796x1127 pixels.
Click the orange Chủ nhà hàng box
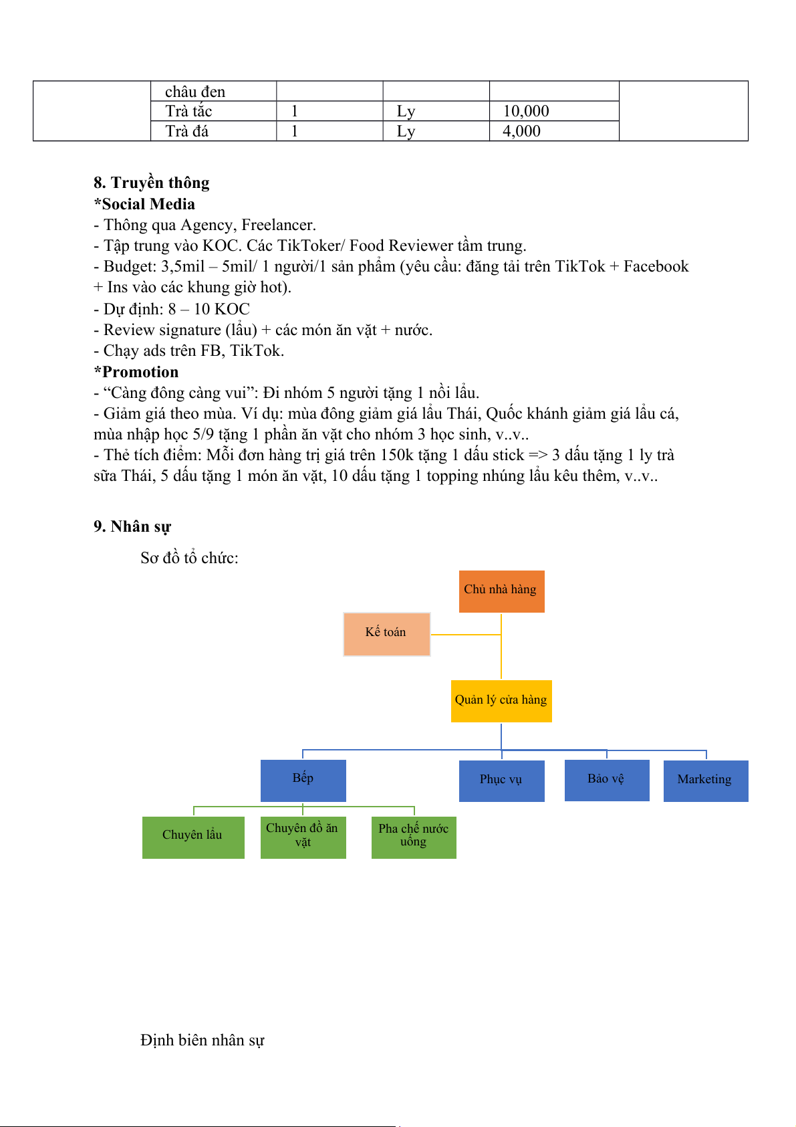coord(501,591)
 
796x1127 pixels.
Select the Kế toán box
coord(386,634)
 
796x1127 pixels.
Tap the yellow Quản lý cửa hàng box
coord(501,701)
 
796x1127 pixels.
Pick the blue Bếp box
coord(303,780)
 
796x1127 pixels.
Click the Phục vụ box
coord(501,781)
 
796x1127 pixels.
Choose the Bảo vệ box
coord(606,780)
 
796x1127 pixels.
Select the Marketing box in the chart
coord(705,781)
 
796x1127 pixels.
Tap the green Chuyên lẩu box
coord(193,837)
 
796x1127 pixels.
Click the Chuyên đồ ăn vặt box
coord(303,837)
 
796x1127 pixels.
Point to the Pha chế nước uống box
coord(414,837)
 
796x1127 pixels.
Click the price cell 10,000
coord(526,111)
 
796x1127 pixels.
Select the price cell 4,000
coord(522,131)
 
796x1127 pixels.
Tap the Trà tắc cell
coord(189,111)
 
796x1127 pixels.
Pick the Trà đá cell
coord(187,131)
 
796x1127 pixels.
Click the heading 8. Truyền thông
coord(152,183)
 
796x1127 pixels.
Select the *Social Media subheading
coord(144,204)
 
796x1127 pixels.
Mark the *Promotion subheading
coord(136,372)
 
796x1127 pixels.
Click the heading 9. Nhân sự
coord(132,526)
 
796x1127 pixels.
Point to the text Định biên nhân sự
coord(203,1040)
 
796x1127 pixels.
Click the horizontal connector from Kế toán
coord(466,634)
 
